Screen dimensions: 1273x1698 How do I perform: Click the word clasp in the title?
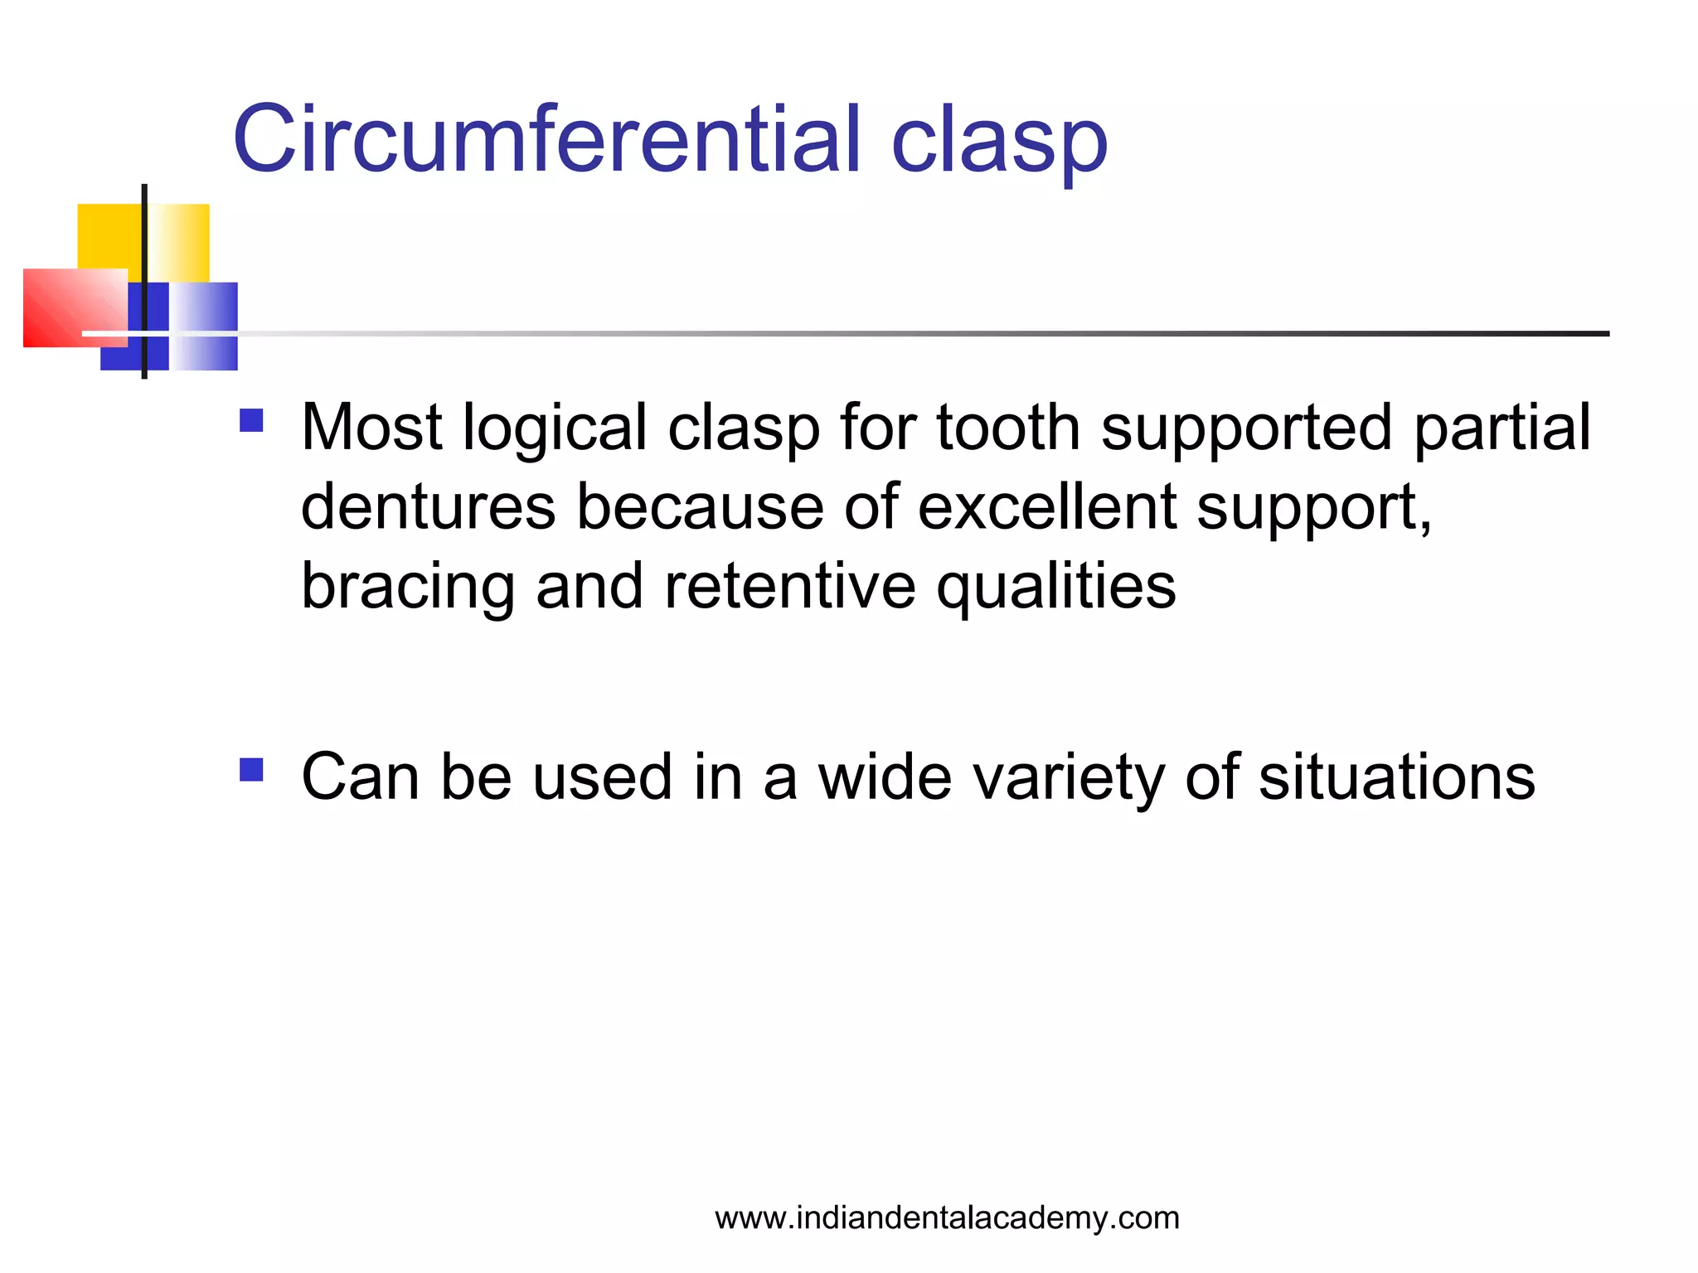[x=998, y=143]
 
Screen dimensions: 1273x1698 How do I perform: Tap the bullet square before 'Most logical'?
[x=251, y=421]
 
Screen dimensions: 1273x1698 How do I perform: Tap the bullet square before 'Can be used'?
[x=251, y=771]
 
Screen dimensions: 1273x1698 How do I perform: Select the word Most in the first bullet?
[x=371, y=428]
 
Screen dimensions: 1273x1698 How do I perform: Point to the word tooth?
[x=1008, y=428]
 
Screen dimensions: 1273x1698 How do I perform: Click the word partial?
[x=1502, y=429]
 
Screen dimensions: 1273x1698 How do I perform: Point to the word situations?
[x=1396, y=777]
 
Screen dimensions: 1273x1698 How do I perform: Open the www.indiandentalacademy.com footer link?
[x=947, y=1217]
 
